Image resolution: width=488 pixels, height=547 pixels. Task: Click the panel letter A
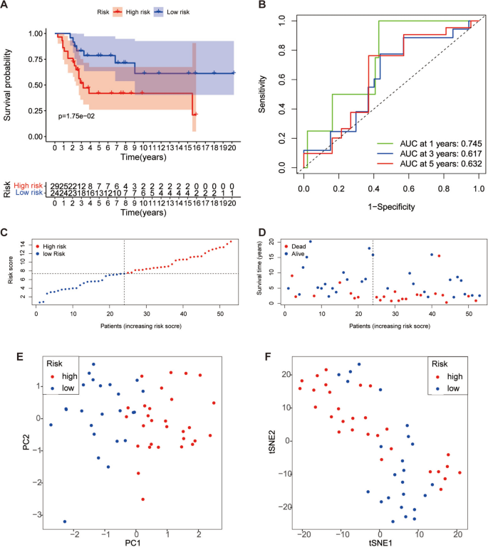click(6, 6)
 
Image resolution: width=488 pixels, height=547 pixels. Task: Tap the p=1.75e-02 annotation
click(81, 112)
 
